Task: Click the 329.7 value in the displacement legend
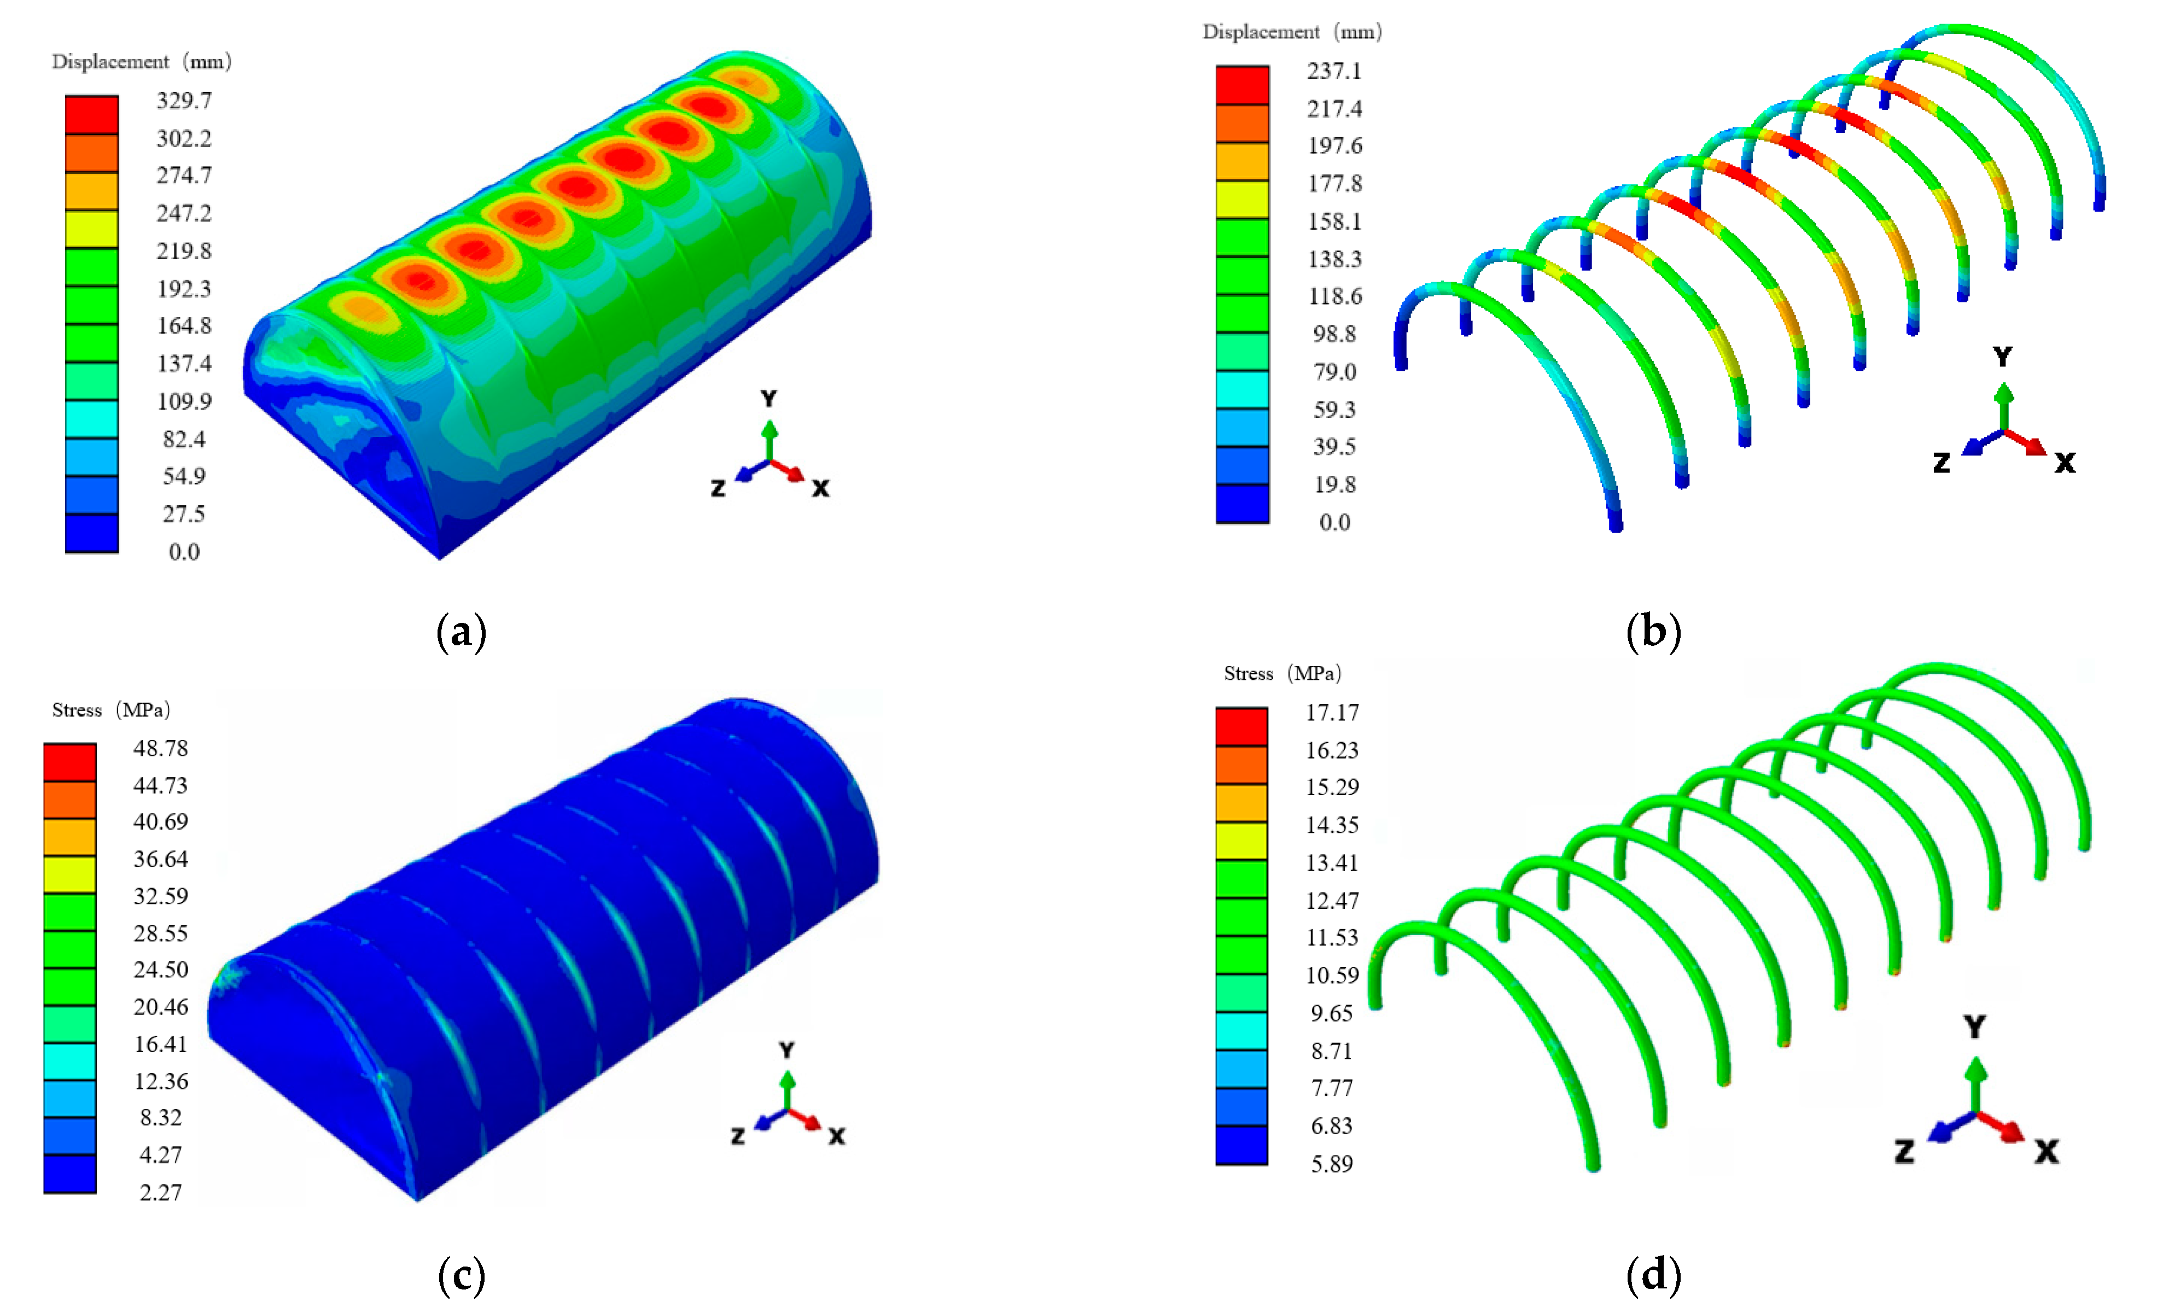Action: click(x=184, y=101)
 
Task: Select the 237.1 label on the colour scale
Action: click(x=1334, y=71)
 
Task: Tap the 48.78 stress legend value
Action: click(x=160, y=749)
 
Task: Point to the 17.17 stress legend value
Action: click(x=1332, y=713)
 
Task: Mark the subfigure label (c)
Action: click(x=462, y=1275)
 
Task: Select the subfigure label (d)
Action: click(x=1654, y=1275)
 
